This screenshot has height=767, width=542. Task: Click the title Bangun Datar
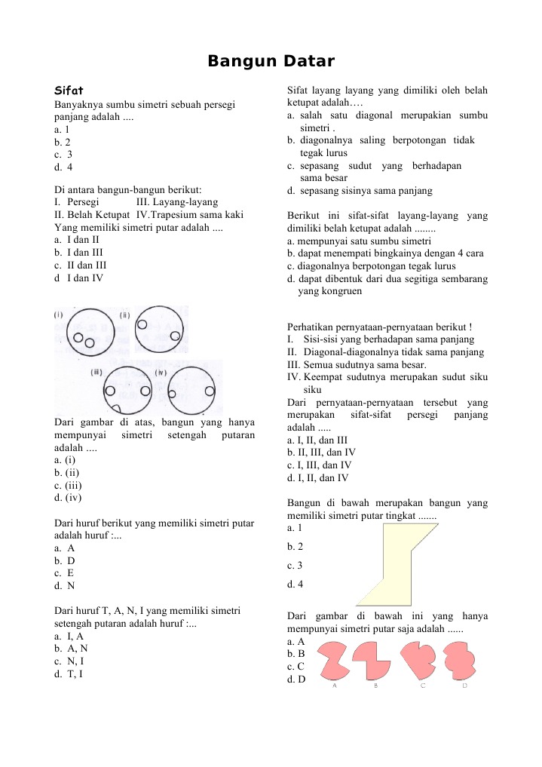click(x=271, y=60)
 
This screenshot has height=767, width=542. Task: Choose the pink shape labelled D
click(x=461, y=659)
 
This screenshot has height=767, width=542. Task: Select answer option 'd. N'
click(x=65, y=585)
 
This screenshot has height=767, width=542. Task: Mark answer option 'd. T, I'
click(x=69, y=673)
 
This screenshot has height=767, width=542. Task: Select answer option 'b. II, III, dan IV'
click(x=326, y=453)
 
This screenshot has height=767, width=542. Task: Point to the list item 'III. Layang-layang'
click(x=177, y=202)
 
